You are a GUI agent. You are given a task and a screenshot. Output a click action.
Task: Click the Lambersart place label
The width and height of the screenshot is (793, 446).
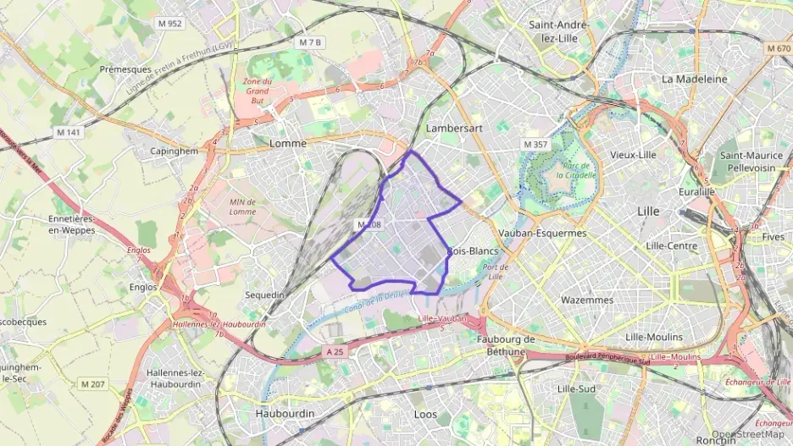tap(454, 129)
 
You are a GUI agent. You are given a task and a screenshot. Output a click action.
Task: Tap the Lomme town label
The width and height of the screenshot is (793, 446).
tap(287, 144)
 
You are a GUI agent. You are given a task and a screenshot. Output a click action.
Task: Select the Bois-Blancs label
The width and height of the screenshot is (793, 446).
tap(473, 251)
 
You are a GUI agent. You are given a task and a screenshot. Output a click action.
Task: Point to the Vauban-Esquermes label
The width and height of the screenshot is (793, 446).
tap(543, 233)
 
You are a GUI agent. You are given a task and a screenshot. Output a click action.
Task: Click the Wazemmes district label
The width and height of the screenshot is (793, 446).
tap(586, 300)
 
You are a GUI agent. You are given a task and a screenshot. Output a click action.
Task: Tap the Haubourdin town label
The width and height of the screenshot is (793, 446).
tap(285, 414)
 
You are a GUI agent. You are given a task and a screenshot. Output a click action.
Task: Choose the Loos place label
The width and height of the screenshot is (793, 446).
tap(425, 415)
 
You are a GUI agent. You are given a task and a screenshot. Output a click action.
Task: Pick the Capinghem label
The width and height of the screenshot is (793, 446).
tap(173, 151)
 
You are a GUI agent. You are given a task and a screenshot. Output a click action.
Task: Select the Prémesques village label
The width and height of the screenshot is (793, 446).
tap(125, 69)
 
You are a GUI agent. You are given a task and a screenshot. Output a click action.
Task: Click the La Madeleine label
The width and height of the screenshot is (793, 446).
tap(695, 79)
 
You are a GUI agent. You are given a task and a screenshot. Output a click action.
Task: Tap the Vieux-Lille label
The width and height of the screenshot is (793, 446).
tap(633, 155)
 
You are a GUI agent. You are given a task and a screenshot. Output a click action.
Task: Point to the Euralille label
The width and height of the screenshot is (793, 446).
tap(697, 192)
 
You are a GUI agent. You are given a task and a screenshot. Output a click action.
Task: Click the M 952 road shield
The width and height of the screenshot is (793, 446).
tap(169, 24)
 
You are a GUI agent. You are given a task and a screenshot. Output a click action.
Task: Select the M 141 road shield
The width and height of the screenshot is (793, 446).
tap(67, 132)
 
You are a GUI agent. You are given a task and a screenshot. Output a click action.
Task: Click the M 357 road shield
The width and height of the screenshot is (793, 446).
tap(535, 145)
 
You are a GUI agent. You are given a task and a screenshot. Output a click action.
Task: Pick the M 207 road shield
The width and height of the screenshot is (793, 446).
tap(93, 385)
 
